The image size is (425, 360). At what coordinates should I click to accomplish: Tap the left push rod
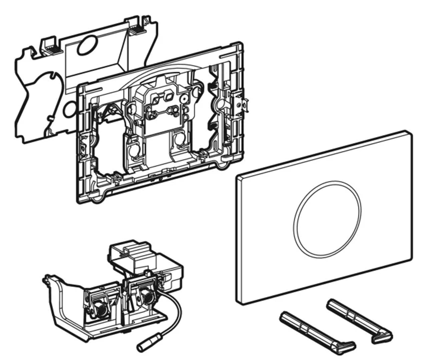(x=310, y=330)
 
